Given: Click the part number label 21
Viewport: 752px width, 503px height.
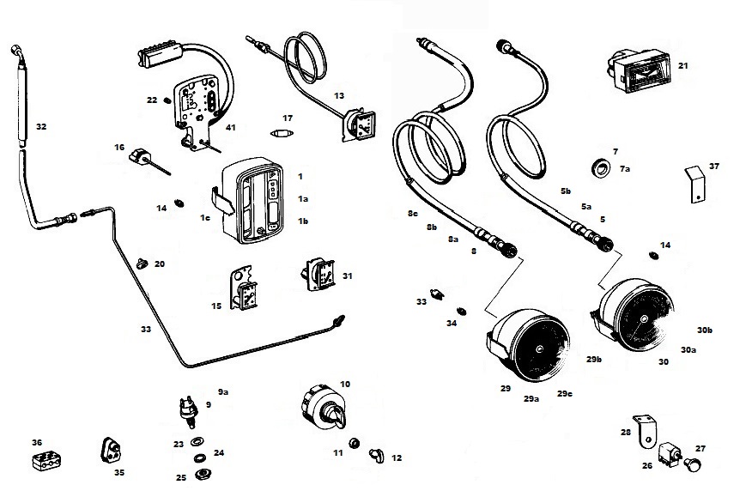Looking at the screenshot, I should click(683, 65).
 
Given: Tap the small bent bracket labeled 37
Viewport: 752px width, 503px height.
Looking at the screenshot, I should click(698, 183).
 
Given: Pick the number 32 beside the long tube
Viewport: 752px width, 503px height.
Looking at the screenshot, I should click(41, 126).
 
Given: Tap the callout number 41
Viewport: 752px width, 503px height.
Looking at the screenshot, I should click(231, 128).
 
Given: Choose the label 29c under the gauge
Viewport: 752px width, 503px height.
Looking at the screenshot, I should click(564, 394).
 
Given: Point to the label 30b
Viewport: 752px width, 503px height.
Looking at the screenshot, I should click(706, 330).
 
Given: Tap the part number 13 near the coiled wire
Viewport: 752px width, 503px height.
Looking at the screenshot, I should click(339, 95).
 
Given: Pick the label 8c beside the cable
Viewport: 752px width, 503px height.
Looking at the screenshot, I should click(412, 213).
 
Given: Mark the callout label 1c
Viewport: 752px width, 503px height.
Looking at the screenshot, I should click(205, 218).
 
